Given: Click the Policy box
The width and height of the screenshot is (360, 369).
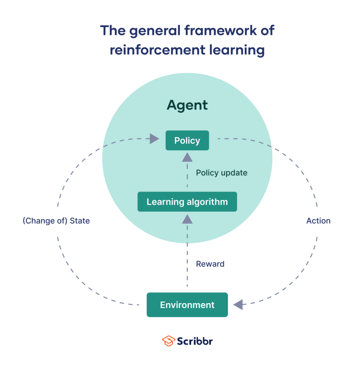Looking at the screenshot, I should click(x=187, y=140).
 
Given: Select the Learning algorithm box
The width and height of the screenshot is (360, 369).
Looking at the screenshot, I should click(x=187, y=202).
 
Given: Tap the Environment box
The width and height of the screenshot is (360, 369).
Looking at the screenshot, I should click(x=187, y=305).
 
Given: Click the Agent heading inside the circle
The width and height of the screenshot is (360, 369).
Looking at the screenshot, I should click(x=187, y=105).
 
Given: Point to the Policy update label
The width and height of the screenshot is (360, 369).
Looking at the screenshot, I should click(x=222, y=173).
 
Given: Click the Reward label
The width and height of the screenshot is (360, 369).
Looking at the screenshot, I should click(x=210, y=264).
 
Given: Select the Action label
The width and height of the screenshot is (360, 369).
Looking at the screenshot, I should click(x=318, y=221).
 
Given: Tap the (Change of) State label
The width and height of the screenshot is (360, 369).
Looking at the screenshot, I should click(x=56, y=221).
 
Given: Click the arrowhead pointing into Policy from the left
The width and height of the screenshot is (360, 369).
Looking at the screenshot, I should click(x=155, y=138).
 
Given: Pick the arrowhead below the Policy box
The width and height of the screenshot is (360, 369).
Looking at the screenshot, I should click(x=187, y=157).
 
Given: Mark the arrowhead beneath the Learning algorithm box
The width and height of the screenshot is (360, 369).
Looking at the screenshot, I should click(x=187, y=219).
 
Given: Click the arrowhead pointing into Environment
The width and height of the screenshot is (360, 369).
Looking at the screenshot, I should click(x=237, y=304).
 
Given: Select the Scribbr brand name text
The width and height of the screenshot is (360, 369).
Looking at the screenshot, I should click(x=195, y=341).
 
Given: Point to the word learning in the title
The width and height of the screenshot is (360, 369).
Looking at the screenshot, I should click(x=234, y=50).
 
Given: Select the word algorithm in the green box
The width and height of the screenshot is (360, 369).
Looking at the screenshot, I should click(x=206, y=202).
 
